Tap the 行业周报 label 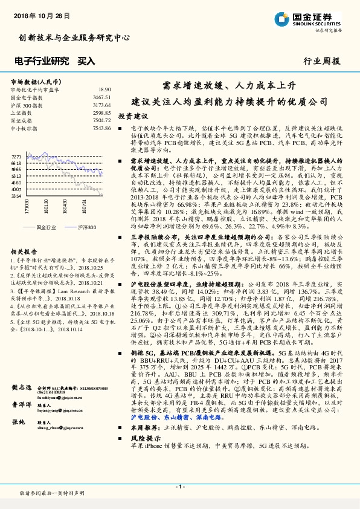click(x=322, y=61)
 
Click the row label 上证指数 click(x=22, y=112)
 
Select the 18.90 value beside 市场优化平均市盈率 click(x=104, y=89)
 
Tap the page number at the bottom click(x=180, y=487)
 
